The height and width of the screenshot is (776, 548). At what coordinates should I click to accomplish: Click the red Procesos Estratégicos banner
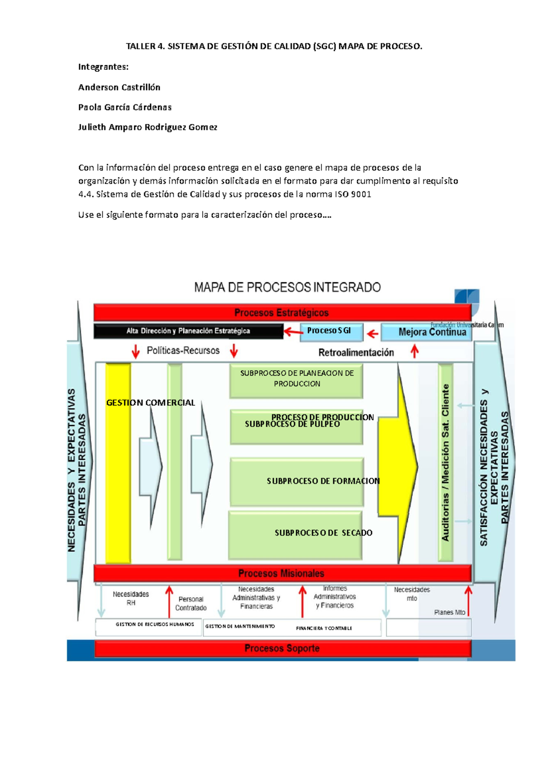[x=282, y=313]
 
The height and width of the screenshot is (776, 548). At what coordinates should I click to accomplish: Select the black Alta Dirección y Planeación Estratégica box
[x=188, y=331]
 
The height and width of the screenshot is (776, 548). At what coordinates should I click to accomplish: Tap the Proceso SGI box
[x=331, y=331]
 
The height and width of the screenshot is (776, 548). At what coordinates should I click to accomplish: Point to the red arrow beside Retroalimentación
[x=415, y=351]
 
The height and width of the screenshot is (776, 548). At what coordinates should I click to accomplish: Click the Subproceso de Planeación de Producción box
[x=296, y=379]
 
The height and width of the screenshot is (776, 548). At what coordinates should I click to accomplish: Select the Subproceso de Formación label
[x=323, y=481]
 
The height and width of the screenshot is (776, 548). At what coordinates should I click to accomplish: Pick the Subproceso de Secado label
[x=323, y=532]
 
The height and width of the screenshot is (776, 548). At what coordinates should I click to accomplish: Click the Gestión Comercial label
[x=150, y=403]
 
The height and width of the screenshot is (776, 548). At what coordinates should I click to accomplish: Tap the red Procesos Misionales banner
[x=282, y=573]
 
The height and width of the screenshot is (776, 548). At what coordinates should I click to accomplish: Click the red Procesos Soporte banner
[x=282, y=648]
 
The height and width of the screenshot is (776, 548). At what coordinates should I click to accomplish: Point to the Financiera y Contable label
[x=324, y=628]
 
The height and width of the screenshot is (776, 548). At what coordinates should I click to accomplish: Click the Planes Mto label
[x=449, y=612]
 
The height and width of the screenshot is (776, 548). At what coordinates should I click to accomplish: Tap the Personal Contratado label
[x=191, y=603]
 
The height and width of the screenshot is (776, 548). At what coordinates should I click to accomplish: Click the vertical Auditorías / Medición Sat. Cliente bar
[x=445, y=462]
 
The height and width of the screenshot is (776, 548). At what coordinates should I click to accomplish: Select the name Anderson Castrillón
[x=119, y=87]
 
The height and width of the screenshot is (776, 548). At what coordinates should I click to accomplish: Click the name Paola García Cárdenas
[x=125, y=107]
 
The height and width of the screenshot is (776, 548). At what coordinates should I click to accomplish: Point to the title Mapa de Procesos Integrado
[x=287, y=287]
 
